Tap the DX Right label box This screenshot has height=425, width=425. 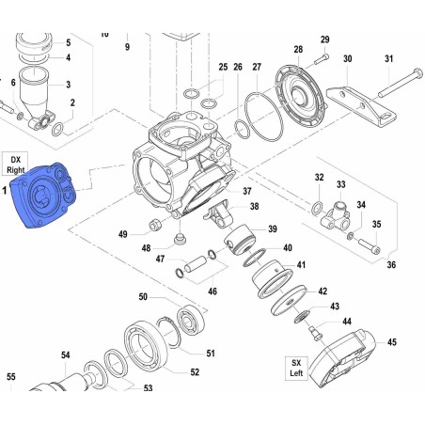point(15,165)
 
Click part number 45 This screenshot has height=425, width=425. point(391,342)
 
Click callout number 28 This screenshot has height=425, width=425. point(298,49)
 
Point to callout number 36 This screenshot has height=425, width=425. point(391,264)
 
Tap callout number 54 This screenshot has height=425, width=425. point(66,354)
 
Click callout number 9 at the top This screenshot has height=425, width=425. point(126,46)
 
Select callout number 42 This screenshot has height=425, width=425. point(323,291)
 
